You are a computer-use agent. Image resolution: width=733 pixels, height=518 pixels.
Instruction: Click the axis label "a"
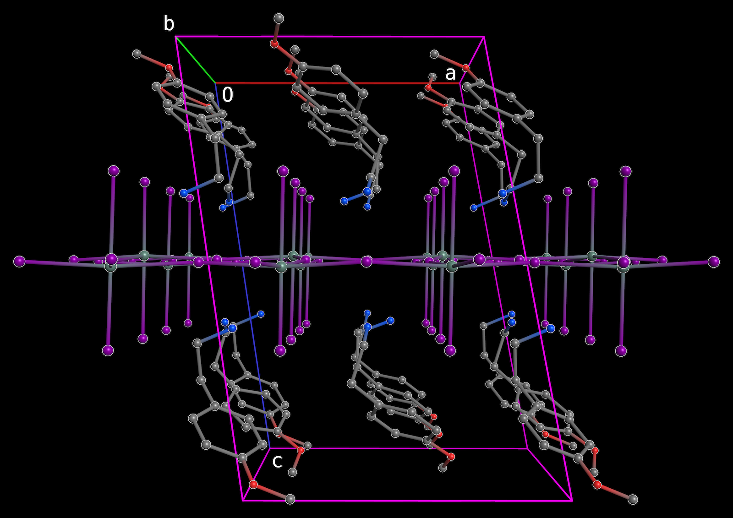pyautogui.click(x=450, y=74)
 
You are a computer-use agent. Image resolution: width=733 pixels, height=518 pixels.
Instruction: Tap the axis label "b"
pyautogui.click(x=169, y=23)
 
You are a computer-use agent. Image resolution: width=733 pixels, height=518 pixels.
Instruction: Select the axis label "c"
pyautogui.click(x=277, y=461)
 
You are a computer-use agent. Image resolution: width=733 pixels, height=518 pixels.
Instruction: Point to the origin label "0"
pyautogui.click(x=228, y=95)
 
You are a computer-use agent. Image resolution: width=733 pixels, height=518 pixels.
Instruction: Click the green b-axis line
pyautogui.click(x=195, y=60)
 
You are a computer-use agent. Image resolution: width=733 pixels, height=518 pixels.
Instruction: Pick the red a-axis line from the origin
pyautogui.click(x=337, y=83)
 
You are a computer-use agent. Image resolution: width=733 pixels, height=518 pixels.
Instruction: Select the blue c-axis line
pyautogui.click(x=242, y=265)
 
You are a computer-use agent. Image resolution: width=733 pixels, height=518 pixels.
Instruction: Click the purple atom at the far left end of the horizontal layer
pyautogui.click(x=19, y=262)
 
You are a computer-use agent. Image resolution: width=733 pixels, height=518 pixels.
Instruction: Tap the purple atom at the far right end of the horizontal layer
pyautogui.click(x=714, y=262)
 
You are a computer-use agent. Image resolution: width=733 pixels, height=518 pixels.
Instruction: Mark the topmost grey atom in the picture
pyautogui.click(x=279, y=18)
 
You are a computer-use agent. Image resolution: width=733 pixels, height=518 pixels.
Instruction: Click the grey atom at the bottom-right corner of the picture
pyautogui.click(x=633, y=499)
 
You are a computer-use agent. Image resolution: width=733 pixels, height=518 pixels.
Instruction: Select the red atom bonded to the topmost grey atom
pyautogui.click(x=274, y=44)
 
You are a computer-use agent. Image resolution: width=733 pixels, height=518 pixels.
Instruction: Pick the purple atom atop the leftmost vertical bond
pyautogui.click(x=114, y=171)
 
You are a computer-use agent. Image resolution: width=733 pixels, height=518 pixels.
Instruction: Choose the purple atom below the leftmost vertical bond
pyautogui.click(x=108, y=350)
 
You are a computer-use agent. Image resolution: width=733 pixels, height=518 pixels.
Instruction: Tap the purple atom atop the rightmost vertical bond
pyautogui.click(x=626, y=171)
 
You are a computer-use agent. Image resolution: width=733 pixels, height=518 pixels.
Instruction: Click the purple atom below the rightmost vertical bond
pyautogui.click(x=621, y=351)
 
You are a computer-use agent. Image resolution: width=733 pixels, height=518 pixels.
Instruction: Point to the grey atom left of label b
pyautogui.click(x=137, y=54)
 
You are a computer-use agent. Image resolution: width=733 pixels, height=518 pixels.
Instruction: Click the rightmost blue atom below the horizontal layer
pyautogui.click(x=550, y=328)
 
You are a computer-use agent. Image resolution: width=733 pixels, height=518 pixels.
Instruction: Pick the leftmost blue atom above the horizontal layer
pyautogui.click(x=184, y=193)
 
